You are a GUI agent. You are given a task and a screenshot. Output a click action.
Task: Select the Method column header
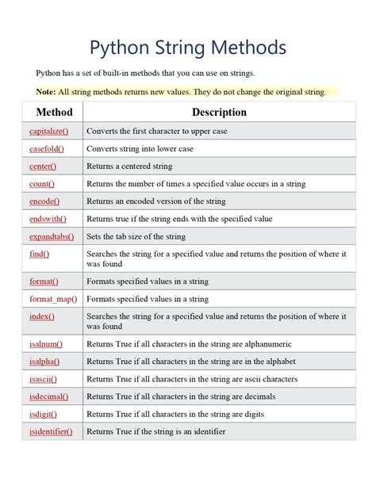pos(54,112)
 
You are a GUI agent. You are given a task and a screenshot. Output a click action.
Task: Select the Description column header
pos(219,112)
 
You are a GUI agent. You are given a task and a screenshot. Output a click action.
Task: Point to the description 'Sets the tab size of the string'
pos(136,236)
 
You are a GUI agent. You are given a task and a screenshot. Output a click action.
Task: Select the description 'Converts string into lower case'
pos(140,149)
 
